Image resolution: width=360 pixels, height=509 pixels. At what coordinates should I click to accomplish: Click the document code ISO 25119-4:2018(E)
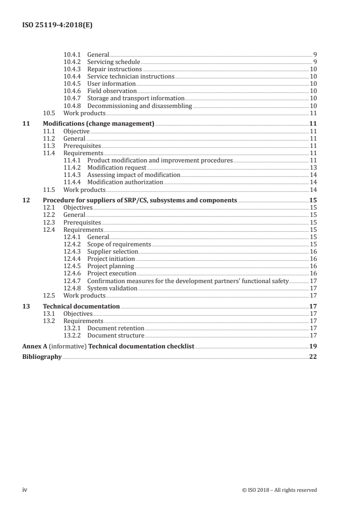57,26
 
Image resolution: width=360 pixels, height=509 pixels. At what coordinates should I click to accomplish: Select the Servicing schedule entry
113,62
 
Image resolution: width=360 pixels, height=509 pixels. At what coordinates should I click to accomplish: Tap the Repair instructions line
114,69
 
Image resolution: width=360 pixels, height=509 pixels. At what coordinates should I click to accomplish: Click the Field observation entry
112,91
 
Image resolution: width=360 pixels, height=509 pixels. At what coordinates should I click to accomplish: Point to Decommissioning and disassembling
140,106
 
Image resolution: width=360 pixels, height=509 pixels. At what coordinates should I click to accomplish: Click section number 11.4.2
73,167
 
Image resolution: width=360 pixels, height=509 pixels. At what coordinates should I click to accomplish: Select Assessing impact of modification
134,175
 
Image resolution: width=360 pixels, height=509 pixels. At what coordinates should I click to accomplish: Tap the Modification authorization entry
125,182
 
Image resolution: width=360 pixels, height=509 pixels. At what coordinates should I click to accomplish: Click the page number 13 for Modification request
313,167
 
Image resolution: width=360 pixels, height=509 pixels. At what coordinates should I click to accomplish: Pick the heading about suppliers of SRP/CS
140,200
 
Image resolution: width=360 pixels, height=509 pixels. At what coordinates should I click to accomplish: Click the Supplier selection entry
113,251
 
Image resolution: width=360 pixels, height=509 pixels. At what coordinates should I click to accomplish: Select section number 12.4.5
73,266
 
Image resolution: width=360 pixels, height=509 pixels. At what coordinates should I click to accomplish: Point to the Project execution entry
112,273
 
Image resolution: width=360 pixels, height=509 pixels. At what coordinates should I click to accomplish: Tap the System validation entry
112,288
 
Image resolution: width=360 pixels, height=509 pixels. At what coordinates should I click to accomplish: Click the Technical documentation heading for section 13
81,306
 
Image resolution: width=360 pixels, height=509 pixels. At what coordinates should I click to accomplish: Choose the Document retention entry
116,328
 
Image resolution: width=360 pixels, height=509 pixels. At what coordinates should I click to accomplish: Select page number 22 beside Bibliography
313,357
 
